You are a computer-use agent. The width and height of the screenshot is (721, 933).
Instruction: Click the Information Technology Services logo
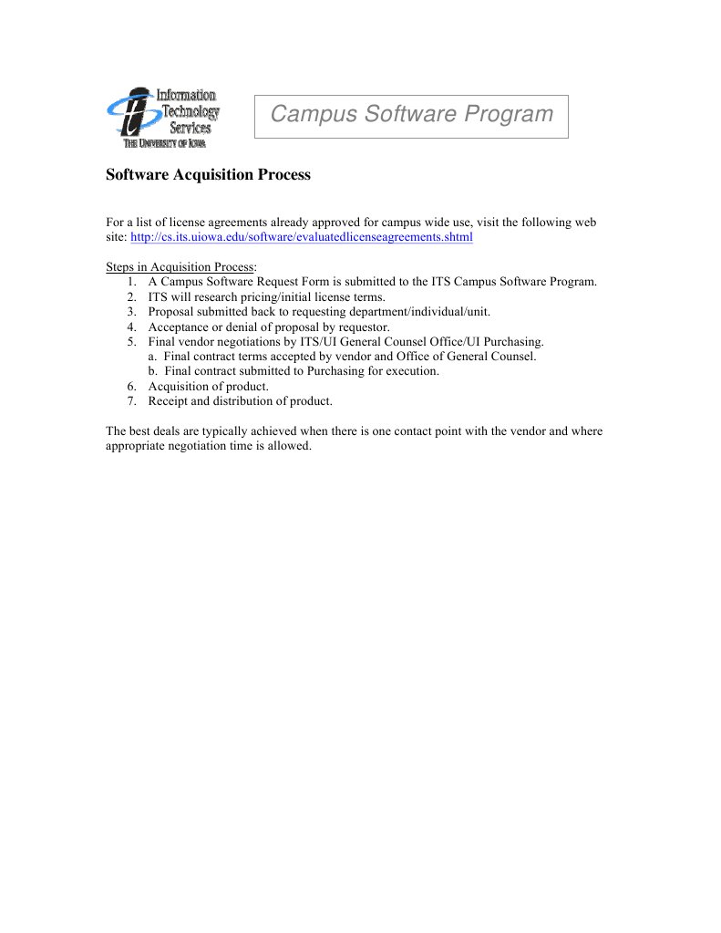tap(163, 118)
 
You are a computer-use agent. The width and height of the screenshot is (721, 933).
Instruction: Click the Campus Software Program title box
tap(411, 115)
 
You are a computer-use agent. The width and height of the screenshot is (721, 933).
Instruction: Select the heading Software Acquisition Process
tap(208, 174)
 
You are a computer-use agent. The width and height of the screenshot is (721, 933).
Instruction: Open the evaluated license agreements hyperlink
tap(302, 237)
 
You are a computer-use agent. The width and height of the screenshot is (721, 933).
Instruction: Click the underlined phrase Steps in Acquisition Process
tap(180, 267)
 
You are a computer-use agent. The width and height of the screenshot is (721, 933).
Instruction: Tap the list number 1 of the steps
tap(132, 282)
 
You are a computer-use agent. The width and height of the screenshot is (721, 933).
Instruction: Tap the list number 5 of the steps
tap(132, 341)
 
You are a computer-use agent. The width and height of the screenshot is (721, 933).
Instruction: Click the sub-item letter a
tap(152, 357)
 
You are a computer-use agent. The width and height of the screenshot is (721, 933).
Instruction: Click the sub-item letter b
tap(152, 371)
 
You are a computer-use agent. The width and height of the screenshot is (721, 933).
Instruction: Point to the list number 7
tap(132, 400)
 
